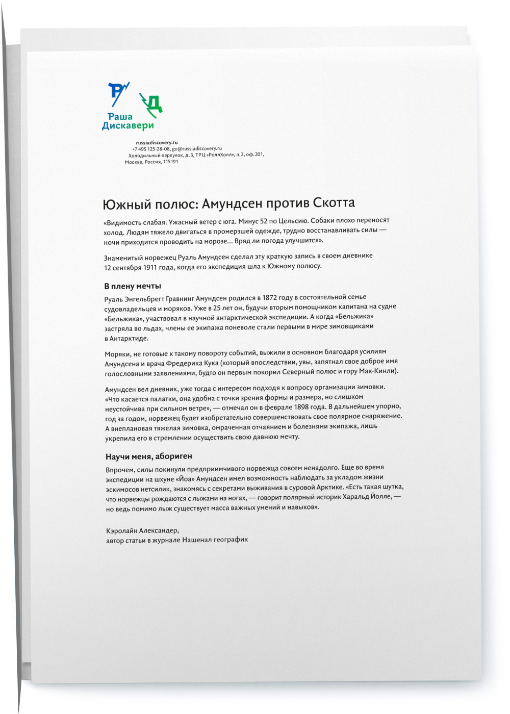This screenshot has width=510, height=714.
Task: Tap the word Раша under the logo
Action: [120, 117]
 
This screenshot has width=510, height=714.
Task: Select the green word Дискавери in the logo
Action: [128, 126]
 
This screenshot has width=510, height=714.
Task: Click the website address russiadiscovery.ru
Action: [157, 143]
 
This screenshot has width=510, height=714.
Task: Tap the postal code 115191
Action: [171, 162]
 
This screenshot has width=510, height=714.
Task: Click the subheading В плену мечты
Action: [133, 286]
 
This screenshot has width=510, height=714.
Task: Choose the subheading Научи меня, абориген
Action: [148, 456]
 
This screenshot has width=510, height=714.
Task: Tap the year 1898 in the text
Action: [303, 407]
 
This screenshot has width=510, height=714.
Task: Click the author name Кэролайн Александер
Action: [143, 530]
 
